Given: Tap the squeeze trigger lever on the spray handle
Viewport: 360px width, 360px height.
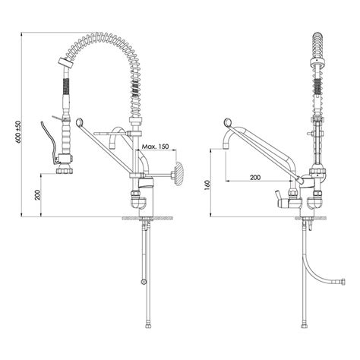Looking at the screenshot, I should click(48, 144).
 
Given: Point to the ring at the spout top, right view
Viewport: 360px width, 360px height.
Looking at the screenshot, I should click(227, 123).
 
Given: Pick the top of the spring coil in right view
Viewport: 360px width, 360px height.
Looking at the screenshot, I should click(317, 38).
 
